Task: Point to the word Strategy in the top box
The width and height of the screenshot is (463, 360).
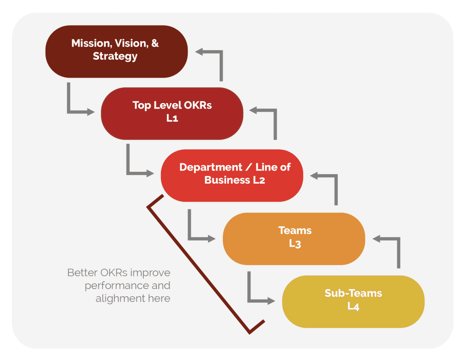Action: point(115,57)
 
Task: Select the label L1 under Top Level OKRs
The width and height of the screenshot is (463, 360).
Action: point(172,118)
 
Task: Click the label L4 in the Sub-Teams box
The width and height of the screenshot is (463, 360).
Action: point(353,306)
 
